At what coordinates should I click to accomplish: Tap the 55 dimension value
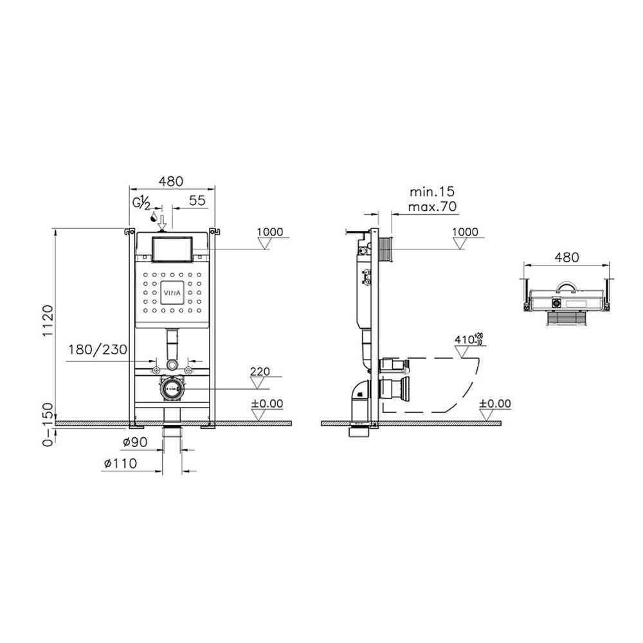coord(197,201)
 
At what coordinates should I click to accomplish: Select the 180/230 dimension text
coord(98,350)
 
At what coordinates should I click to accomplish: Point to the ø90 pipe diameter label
coord(135,442)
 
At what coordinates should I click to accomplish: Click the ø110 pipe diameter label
coord(120,464)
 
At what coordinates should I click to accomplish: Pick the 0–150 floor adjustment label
coord(48,424)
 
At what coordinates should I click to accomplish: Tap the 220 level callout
coord(260,372)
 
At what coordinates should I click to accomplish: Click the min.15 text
coord(432,192)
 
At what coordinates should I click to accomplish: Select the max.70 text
coord(432,206)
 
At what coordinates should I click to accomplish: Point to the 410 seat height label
coord(468,340)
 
